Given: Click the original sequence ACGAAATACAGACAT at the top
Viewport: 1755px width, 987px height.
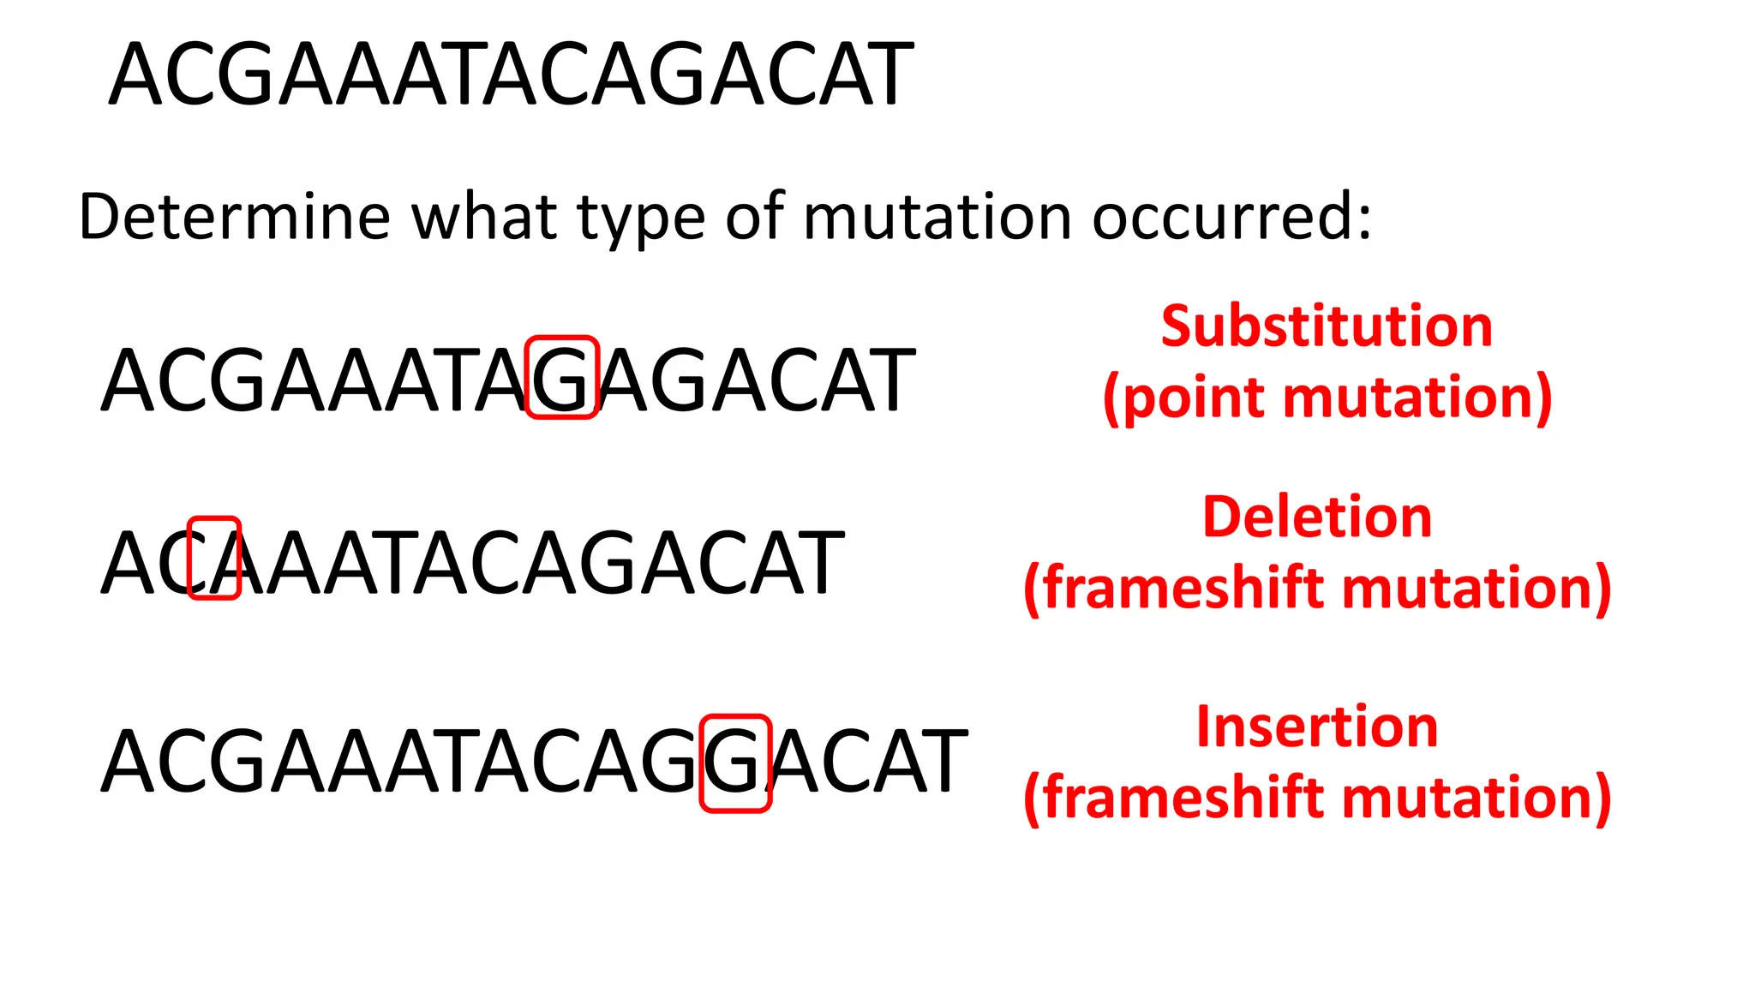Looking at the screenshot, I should click(512, 75).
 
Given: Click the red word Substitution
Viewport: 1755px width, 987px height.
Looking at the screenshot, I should click(1327, 326).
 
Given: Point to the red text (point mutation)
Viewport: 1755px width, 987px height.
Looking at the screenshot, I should click(1327, 398).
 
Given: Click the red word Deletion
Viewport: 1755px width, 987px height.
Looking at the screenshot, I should click(1317, 517).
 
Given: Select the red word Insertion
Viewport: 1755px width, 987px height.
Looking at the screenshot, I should click(1317, 727).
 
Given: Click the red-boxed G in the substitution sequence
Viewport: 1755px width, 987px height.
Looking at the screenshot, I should click(561, 379).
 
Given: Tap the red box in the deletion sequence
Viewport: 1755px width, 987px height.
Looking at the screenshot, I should click(213, 559).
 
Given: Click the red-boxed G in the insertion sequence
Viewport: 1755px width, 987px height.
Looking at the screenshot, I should click(735, 763).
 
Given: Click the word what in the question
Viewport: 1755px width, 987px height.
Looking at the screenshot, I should click(484, 218).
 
